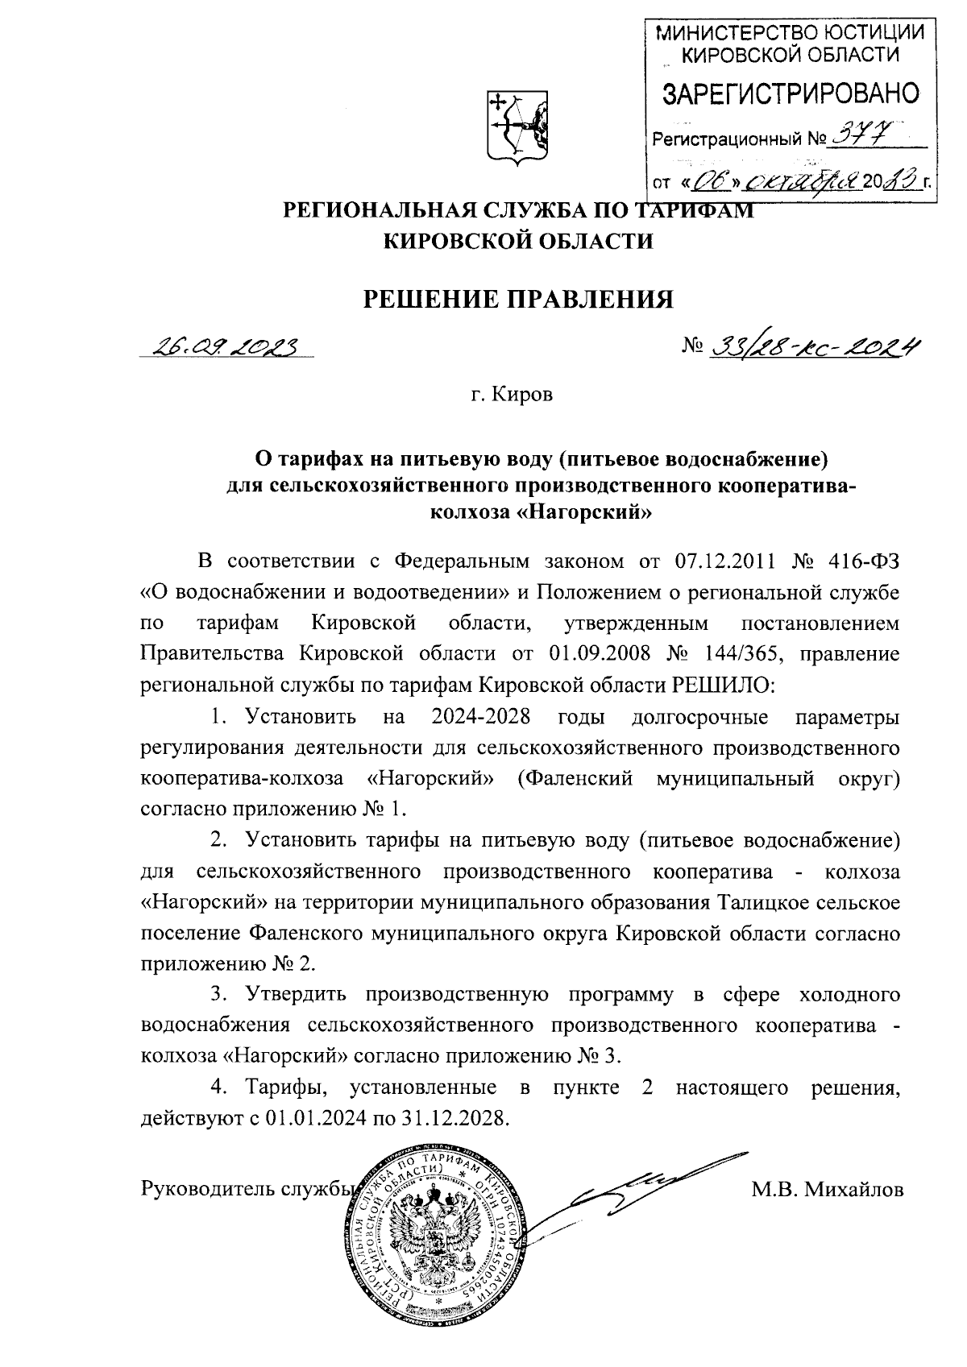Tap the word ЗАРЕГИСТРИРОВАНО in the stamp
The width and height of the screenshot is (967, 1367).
pos(790,95)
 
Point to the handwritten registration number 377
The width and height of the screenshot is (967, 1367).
pos(859,138)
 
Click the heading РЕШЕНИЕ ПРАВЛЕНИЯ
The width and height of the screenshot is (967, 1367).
pos(519,300)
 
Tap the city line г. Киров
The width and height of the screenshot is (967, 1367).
pos(513,396)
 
